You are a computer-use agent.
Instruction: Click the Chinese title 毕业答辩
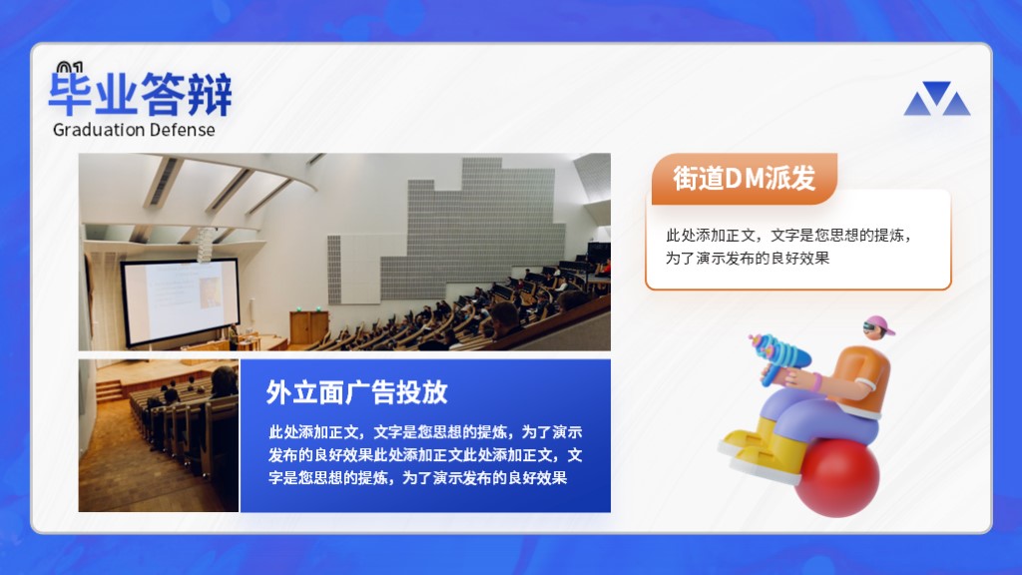[x=140, y=95]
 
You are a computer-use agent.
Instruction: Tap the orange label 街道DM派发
[x=744, y=178]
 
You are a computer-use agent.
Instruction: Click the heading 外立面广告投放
[x=356, y=391]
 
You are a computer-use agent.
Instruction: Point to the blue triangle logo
[x=936, y=99]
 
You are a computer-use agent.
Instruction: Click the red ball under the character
[x=837, y=477]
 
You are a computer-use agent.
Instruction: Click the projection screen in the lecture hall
[x=181, y=301]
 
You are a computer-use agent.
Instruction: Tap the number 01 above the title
[x=70, y=67]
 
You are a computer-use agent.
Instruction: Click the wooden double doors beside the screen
[x=309, y=327]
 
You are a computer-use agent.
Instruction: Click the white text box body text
[x=788, y=247]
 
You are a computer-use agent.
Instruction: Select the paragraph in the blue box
[x=425, y=455]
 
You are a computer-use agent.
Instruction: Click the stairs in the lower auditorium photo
[x=111, y=392]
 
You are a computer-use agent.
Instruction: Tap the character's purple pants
[x=814, y=417]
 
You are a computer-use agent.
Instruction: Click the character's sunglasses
[x=872, y=327]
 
